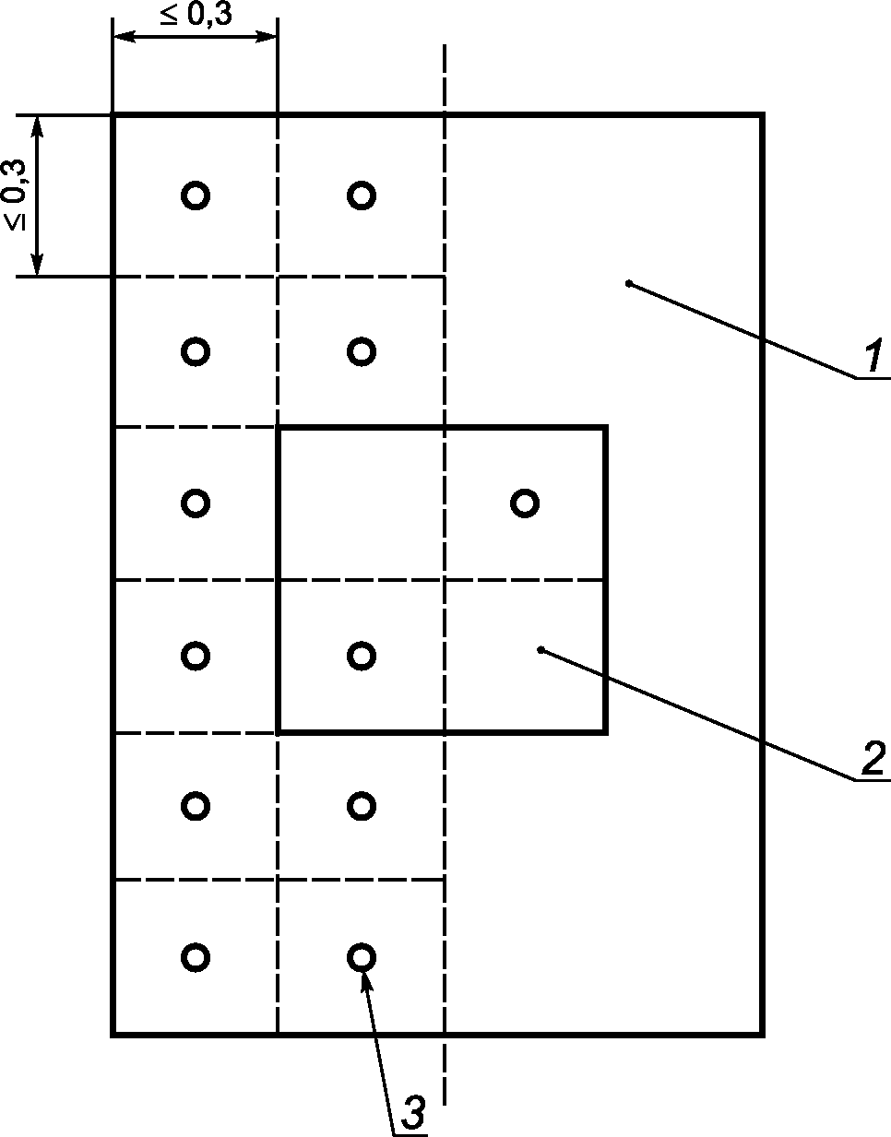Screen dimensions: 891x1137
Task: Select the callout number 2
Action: point(872,759)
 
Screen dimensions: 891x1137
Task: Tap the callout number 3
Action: point(414,1114)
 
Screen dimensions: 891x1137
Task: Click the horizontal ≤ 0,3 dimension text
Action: point(196,16)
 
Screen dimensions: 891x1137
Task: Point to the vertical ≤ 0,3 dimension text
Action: point(16,195)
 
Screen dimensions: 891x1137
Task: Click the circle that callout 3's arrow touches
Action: point(361,957)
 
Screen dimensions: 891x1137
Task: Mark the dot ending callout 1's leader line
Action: point(628,283)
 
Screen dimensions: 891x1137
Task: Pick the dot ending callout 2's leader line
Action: point(541,650)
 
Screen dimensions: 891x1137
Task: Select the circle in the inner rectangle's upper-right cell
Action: point(525,503)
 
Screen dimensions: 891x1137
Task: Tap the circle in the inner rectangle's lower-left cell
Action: point(361,656)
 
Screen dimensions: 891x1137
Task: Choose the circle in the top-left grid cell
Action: point(195,195)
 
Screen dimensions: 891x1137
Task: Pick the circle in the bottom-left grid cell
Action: point(195,957)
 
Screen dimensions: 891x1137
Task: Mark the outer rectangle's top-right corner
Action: point(762,115)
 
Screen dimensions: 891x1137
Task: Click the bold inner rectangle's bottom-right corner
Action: point(604,732)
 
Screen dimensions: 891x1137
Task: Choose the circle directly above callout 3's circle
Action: point(361,806)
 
